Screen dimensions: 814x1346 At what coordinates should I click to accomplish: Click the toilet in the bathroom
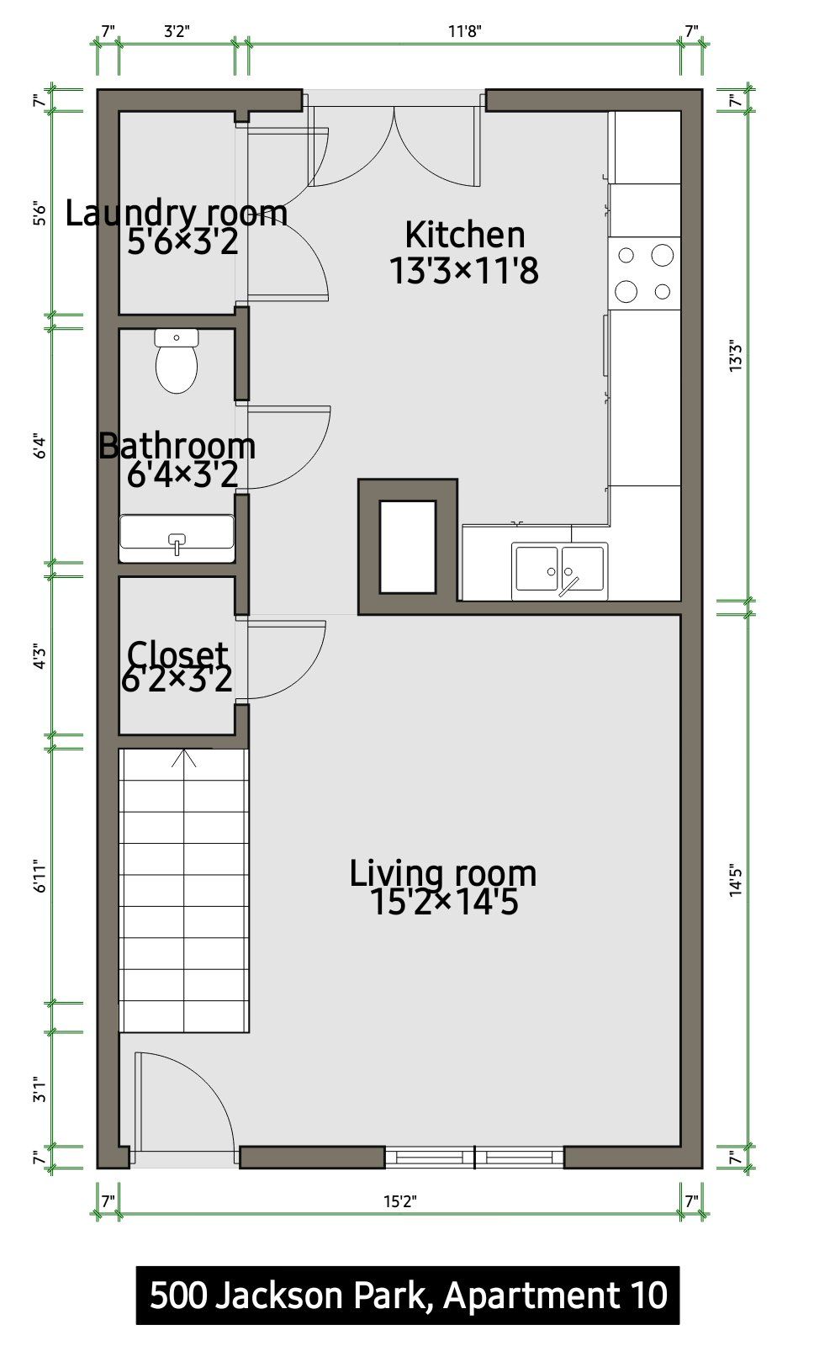(176, 361)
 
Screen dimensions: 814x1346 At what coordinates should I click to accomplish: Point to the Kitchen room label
(464, 235)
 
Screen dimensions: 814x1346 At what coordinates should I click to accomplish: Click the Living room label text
(443, 873)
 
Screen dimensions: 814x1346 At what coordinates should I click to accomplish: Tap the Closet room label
(177, 653)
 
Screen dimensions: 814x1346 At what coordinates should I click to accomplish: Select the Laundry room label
(176, 213)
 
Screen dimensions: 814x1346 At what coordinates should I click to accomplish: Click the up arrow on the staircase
(184, 758)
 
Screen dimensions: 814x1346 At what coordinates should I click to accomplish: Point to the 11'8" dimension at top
(464, 30)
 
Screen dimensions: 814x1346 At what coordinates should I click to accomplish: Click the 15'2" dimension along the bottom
(400, 1201)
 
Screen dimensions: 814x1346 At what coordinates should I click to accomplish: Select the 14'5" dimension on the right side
(736, 880)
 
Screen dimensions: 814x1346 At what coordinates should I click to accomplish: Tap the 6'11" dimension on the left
(40, 876)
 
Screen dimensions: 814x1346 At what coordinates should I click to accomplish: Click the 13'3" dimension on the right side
(736, 356)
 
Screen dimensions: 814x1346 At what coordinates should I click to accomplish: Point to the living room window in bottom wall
(474, 1157)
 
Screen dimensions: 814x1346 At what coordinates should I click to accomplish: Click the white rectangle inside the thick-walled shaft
(408, 547)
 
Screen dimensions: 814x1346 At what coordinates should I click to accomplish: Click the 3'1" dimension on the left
(40, 1089)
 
